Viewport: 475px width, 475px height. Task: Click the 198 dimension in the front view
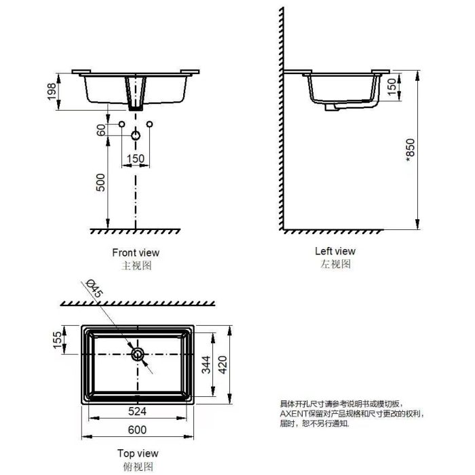click(x=52, y=92)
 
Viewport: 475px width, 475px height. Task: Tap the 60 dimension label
click(x=101, y=130)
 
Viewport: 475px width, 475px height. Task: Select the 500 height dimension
click(x=100, y=183)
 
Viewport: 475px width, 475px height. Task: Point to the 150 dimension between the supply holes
click(x=136, y=158)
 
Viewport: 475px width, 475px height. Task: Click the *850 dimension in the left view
click(x=410, y=150)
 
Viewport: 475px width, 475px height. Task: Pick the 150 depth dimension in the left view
click(x=392, y=86)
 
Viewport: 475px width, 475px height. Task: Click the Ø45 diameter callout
click(x=94, y=288)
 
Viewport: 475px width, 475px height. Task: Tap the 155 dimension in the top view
click(x=57, y=340)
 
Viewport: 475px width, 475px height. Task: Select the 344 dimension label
click(x=206, y=365)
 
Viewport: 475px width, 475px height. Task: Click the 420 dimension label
click(x=223, y=365)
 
